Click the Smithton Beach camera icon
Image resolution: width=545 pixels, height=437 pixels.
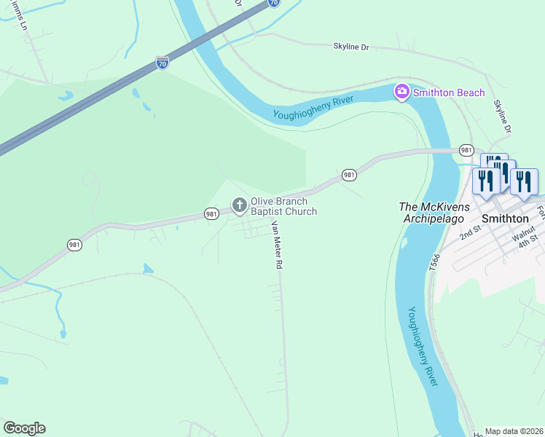(401, 92)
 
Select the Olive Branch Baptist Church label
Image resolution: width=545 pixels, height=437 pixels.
(283, 206)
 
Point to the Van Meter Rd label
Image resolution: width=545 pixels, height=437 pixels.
(276, 246)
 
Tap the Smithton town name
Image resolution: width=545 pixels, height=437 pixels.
(505, 218)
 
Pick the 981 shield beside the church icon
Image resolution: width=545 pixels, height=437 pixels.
(211, 213)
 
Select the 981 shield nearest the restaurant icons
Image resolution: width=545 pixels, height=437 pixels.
(467, 149)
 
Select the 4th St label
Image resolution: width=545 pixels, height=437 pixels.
(528, 240)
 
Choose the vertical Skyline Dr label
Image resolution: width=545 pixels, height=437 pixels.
(502, 117)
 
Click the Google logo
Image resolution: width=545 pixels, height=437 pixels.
(24, 428)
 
